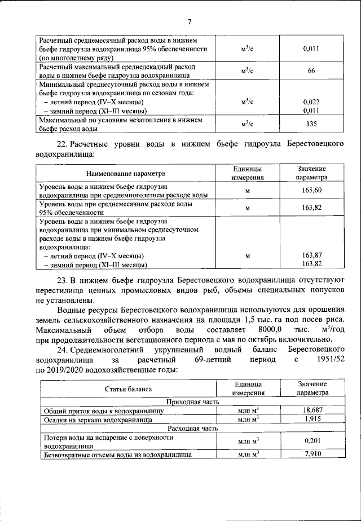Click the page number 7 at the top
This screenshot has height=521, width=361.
[x=190, y=22]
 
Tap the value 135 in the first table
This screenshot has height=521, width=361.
[x=311, y=124]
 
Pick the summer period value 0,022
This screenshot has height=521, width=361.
[x=311, y=101]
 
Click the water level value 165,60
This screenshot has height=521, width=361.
[x=311, y=191]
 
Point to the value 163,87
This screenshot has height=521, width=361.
[x=311, y=255]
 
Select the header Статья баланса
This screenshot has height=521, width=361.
[x=128, y=389]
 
